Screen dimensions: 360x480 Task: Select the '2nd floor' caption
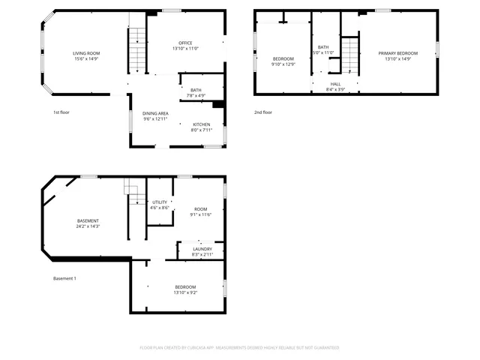(x=262, y=112)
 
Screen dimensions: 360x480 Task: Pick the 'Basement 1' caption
(x=64, y=278)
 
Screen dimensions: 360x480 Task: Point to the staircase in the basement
(x=133, y=194)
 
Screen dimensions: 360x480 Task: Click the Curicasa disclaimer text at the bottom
(x=239, y=348)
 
